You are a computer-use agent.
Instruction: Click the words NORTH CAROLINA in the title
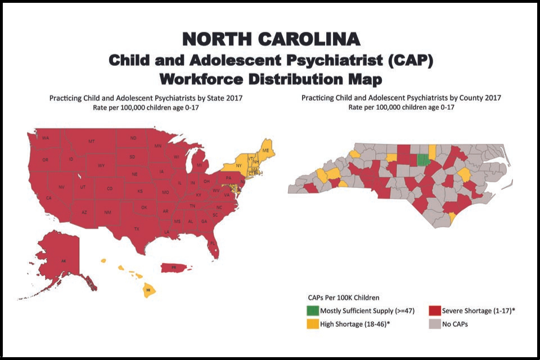coord(271,39)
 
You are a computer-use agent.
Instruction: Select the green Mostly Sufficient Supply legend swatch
coord(312,310)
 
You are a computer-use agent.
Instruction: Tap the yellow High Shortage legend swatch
coord(312,324)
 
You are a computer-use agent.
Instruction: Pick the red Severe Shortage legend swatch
coord(434,310)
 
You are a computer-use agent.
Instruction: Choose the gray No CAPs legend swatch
coord(434,324)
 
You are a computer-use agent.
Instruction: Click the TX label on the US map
coord(137,229)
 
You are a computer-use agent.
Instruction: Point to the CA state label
coord(49,198)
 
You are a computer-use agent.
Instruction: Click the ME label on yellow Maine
coord(265,151)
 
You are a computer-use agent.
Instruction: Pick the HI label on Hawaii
coord(148,290)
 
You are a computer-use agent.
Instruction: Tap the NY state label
coord(238,166)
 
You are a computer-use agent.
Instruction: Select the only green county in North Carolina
coord(422,160)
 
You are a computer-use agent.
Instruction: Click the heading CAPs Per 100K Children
coord(344,297)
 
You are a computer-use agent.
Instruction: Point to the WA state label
coord(46,138)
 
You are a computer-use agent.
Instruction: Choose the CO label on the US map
coord(110,188)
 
